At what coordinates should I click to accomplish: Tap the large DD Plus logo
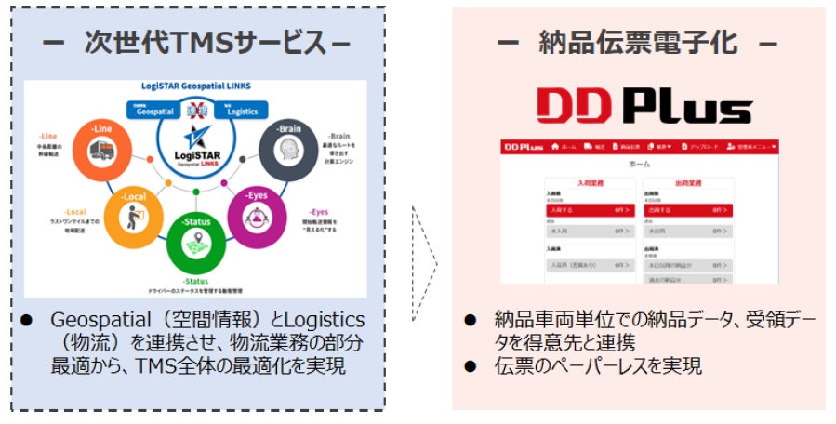(x=639, y=107)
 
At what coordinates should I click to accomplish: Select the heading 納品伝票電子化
(x=638, y=43)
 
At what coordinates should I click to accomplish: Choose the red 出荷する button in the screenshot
(x=684, y=211)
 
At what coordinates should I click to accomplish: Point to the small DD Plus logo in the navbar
(x=523, y=147)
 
